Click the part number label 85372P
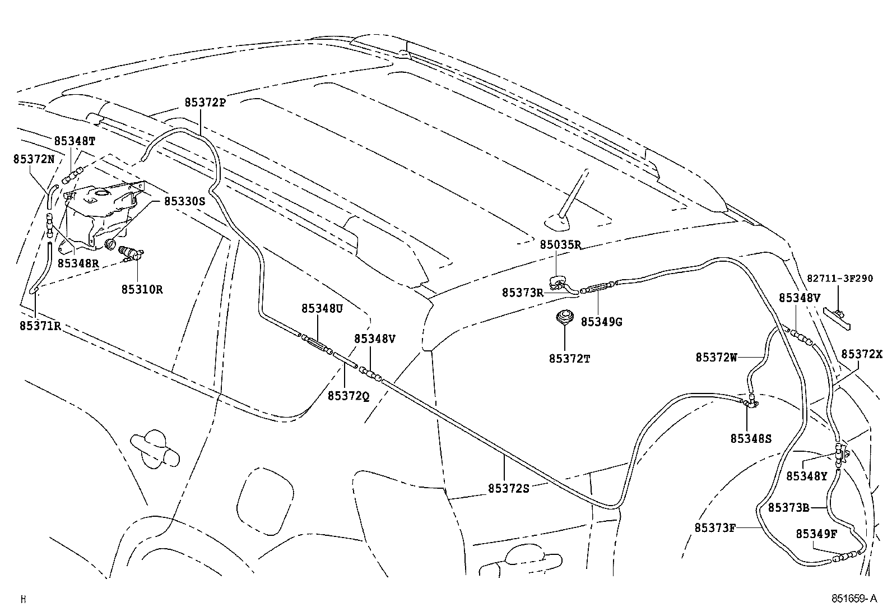click(x=205, y=103)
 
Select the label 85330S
click(x=184, y=200)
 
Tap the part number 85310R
click(x=142, y=290)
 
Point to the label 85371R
click(x=40, y=326)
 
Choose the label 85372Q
click(x=348, y=396)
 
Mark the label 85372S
click(x=508, y=488)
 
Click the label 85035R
click(x=560, y=244)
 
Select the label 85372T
click(x=569, y=358)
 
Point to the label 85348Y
click(x=806, y=476)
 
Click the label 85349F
click(x=816, y=534)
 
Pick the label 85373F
click(x=714, y=527)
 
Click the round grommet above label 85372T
click(x=565, y=317)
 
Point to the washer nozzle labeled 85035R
click(x=559, y=281)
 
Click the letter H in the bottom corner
click(x=23, y=599)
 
